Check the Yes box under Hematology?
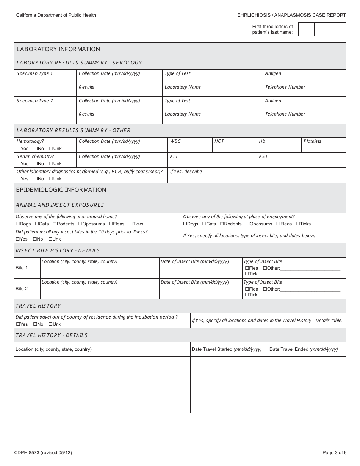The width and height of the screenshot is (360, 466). (x=19, y=149)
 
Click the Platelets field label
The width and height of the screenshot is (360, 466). (x=312, y=141)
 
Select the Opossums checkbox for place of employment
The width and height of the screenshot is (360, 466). (x=247, y=224)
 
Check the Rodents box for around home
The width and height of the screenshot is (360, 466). (x=55, y=224)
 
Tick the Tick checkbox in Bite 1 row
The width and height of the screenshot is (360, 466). (x=247, y=274)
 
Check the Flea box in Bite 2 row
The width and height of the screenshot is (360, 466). (x=247, y=289)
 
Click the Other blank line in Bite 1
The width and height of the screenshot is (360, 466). (x=310, y=268)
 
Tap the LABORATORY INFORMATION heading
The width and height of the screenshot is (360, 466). (x=58, y=49)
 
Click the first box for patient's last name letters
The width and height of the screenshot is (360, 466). (x=306, y=29)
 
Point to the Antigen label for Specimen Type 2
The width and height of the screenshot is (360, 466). (x=273, y=101)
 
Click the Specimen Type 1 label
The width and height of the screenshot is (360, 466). (x=35, y=73)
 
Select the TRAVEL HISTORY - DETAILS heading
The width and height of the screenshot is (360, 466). (x=52, y=335)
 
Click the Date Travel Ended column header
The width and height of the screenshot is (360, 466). (x=303, y=349)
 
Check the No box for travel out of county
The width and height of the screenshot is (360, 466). (x=35, y=324)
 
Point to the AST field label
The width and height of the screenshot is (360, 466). (x=263, y=156)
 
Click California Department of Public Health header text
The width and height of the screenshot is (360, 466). (x=56, y=15)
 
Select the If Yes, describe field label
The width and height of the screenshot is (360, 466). (x=186, y=172)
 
